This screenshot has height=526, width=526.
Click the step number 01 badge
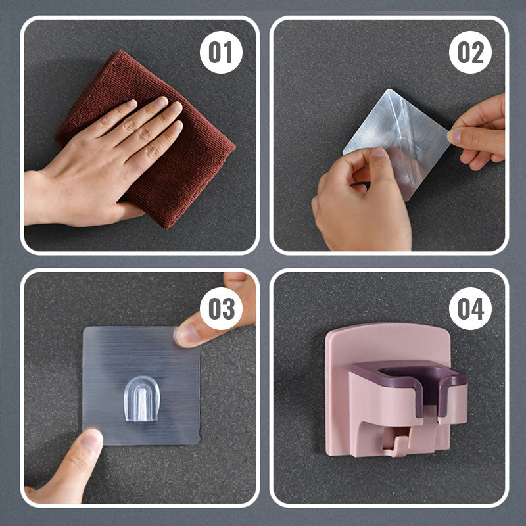pyautogui.click(x=221, y=53)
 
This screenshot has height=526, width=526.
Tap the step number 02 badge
pyautogui.click(x=470, y=53)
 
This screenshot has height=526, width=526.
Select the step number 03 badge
pyautogui.click(x=221, y=308)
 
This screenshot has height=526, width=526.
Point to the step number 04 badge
pyautogui.click(x=470, y=308)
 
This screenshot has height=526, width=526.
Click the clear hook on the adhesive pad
pyautogui.click(x=141, y=399)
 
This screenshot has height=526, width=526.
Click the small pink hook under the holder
pyautogui.click(x=396, y=441)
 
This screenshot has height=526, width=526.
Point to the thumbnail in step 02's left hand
pyautogui.click(x=380, y=153)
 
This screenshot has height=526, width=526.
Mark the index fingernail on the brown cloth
pyautogui.click(x=161, y=102)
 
